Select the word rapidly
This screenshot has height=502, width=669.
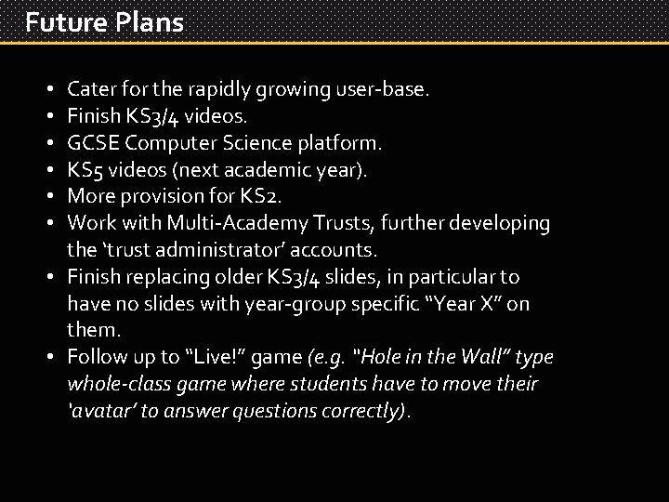coord(216,90)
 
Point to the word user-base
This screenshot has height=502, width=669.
coord(382,90)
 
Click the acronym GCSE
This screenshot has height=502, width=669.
coord(93,143)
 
